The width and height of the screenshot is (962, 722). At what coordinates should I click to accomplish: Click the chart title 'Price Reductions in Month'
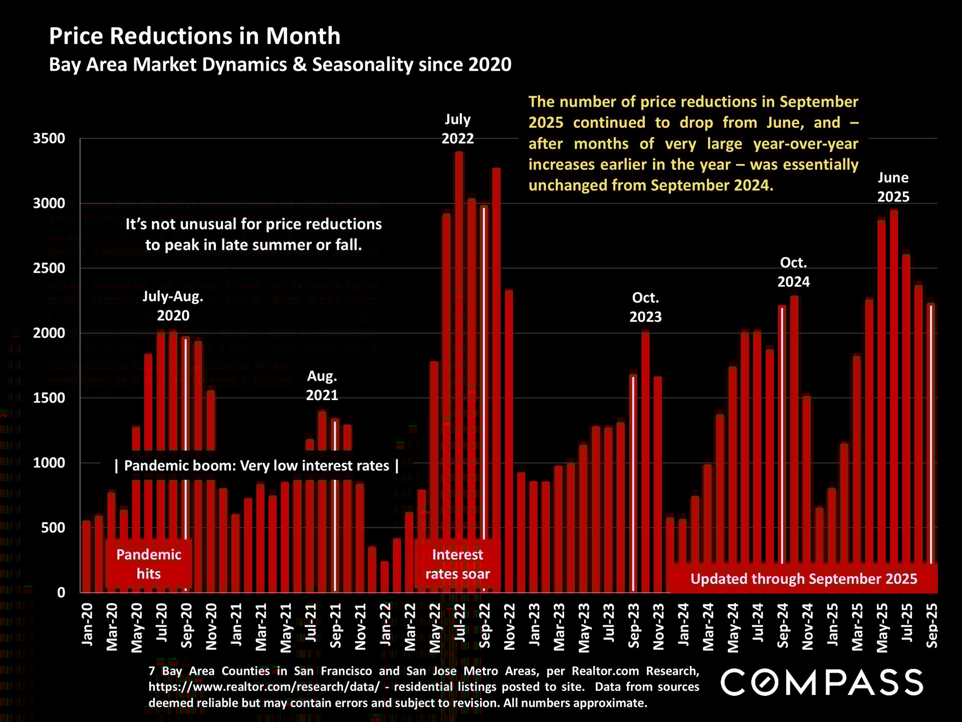point(194,36)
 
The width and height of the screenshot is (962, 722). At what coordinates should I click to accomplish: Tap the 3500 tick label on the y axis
point(49,138)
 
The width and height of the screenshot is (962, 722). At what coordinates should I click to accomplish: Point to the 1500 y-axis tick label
point(49,398)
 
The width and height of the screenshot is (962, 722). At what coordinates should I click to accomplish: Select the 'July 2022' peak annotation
point(457,129)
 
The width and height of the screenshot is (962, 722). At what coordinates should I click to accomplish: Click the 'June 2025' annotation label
point(893,187)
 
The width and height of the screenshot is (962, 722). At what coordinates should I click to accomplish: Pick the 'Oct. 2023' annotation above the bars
point(645,307)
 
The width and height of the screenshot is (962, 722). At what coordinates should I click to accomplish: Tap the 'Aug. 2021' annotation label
point(322,386)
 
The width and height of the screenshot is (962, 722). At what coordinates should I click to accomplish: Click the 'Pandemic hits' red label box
point(149,564)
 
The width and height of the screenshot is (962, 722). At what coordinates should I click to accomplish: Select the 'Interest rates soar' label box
point(457,564)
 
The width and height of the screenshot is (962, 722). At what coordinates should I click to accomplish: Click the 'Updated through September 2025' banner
point(804,579)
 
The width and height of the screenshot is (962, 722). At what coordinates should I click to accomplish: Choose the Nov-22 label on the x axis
point(509,627)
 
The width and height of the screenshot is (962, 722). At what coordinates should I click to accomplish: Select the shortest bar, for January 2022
point(385,577)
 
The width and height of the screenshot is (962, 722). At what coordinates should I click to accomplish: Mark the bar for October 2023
point(645,461)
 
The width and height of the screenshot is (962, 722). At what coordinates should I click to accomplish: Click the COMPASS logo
point(822,682)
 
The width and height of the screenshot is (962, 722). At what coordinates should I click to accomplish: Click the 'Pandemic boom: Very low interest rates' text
point(257,466)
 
